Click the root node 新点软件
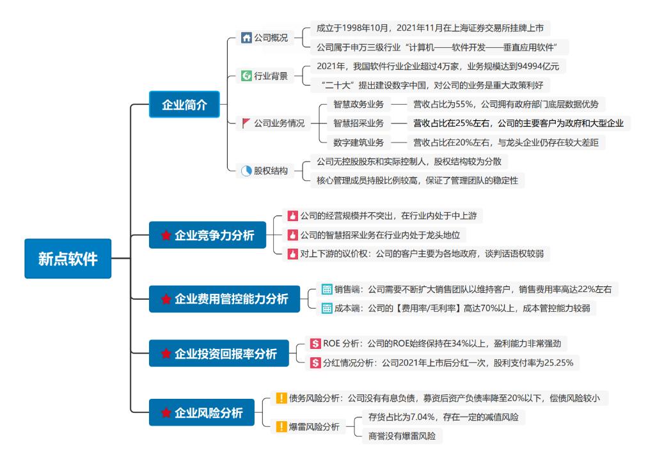pos(68,259)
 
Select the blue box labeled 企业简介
pos(184,105)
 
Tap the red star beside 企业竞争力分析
pos(166,236)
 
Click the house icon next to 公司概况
pos(246,38)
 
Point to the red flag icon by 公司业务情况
pos(246,123)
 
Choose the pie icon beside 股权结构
pos(246,171)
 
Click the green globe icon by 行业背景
pos(246,76)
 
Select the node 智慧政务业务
pos(358,104)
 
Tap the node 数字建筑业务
pos(358,142)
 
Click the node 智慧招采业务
pos(358,123)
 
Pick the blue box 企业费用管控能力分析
pos(225,298)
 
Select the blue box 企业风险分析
pos(201,413)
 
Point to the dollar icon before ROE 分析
pos(315,344)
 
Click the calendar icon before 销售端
pos(327,289)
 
